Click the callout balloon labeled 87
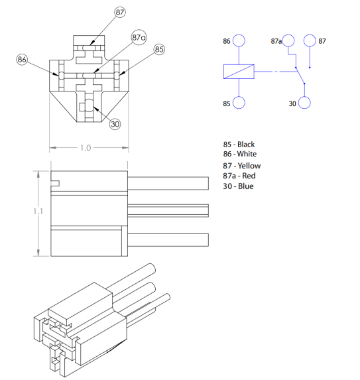[120, 13]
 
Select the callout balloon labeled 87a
[139, 37]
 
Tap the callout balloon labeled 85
[159, 50]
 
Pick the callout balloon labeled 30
[115, 124]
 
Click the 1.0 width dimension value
[86, 148]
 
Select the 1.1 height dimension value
[38, 211]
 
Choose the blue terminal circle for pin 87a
[288, 41]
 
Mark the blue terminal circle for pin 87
[310, 41]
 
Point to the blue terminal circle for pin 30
[305, 103]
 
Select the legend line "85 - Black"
[239, 144]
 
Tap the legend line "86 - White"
[239, 154]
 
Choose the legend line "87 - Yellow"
[242, 166]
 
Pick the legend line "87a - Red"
[239, 176]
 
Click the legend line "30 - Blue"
[238, 186]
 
